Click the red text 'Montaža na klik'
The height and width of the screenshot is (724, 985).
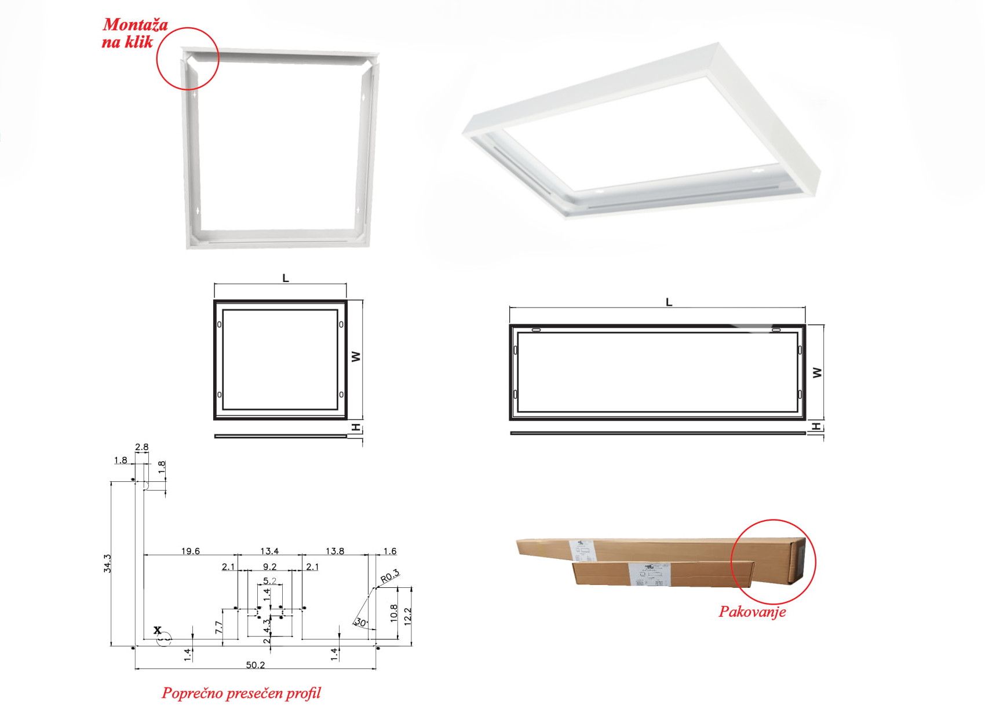(135, 33)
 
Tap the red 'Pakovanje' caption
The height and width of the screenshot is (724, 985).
(752, 612)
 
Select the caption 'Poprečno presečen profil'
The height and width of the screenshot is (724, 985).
(240, 693)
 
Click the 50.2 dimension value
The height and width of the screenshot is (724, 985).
(255, 665)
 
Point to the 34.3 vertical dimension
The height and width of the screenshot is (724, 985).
(107, 564)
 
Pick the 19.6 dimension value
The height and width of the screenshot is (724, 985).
(190, 551)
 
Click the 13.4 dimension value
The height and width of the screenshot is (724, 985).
(269, 551)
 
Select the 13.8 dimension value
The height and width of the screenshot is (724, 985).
(335, 551)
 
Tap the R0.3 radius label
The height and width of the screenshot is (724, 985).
(390, 576)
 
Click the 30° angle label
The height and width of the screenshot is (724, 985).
(360, 623)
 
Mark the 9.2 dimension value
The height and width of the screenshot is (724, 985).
(269, 567)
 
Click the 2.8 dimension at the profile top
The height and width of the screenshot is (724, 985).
(141, 447)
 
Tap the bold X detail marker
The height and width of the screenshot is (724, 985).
(157, 630)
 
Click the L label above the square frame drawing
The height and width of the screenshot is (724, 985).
(285, 279)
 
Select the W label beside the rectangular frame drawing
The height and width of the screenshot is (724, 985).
(817, 372)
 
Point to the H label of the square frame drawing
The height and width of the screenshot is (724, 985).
(356, 428)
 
